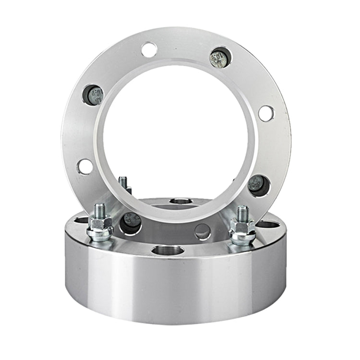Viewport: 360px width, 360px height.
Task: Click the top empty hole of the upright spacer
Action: click(149, 49)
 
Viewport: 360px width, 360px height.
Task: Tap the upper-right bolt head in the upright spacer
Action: click(220, 58)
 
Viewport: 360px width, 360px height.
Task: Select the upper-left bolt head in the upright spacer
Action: click(93, 95)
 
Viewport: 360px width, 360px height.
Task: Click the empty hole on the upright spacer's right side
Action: click(266, 113)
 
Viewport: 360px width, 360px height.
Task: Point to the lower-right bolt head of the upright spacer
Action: click(258, 185)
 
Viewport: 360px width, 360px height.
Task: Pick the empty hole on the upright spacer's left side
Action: click(85, 167)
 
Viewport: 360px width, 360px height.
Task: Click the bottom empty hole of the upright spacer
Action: click(203, 231)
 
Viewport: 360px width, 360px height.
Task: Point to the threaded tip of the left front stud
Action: click(100, 209)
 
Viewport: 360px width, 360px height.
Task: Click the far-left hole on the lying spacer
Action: click(82, 220)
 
